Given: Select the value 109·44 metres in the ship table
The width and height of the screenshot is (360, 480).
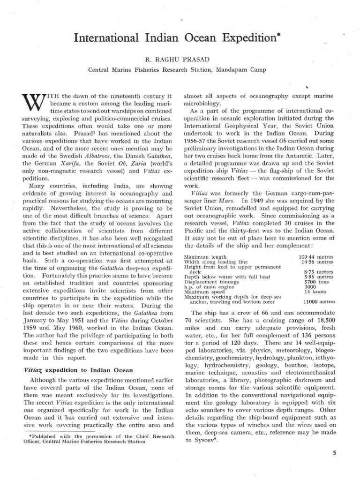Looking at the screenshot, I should (x=315, y=257).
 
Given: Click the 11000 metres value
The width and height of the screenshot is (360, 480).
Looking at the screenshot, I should (x=318, y=301).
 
